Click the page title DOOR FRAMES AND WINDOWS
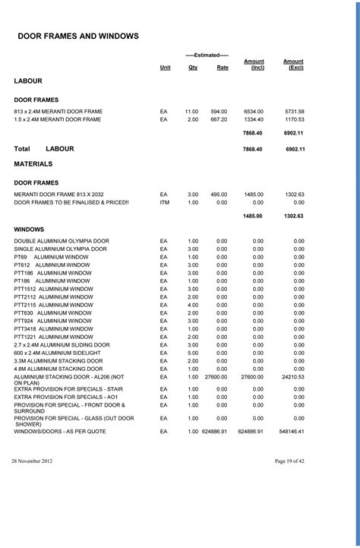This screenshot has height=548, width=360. point(77,36)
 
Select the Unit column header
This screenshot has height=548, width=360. point(165,68)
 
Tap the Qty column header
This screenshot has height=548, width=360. point(193,68)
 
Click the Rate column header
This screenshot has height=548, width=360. point(222,68)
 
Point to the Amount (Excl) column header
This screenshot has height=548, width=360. point(293,65)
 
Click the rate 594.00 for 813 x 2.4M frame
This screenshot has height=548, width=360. point(219,111)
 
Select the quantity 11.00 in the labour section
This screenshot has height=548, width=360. point(191,111)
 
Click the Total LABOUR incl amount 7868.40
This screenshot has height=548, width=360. point(252,150)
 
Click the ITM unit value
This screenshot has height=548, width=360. point(164,203)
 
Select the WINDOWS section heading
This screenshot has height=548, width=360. point(29,229)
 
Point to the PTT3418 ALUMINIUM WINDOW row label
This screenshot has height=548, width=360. point(52,328)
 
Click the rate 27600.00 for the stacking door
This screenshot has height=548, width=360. point(216,377)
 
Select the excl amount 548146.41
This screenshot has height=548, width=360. point(291,432)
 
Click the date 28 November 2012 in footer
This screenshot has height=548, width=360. point(32,461)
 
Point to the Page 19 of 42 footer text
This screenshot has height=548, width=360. point(290,461)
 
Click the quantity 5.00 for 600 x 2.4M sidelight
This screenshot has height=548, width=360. point(193,353)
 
